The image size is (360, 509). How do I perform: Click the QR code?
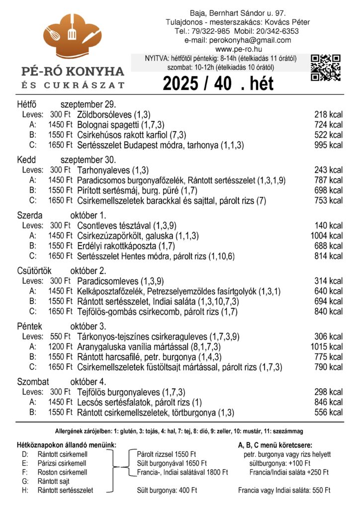click(326, 67)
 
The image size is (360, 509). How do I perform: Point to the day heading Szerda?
click(29, 215)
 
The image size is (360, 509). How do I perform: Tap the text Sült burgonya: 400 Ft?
click(167, 491)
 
